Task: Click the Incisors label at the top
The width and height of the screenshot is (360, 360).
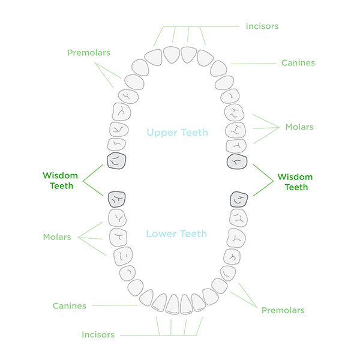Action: click(x=262, y=26)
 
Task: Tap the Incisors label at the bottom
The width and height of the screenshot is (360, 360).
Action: click(x=98, y=334)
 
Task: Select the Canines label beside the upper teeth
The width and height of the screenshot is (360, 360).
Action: click(x=298, y=63)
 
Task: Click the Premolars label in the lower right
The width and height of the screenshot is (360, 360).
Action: click(x=283, y=310)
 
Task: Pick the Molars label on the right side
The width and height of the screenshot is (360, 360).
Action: click(x=299, y=127)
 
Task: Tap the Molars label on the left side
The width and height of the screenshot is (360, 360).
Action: click(x=56, y=237)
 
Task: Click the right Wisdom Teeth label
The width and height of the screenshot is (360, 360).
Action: click(x=295, y=182)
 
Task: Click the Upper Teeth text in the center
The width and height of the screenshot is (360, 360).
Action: click(x=178, y=133)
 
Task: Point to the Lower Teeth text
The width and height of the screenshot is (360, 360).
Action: click(x=178, y=233)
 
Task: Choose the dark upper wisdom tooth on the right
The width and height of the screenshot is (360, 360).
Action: click(x=238, y=162)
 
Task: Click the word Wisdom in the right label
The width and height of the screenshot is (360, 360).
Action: click(x=295, y=178)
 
